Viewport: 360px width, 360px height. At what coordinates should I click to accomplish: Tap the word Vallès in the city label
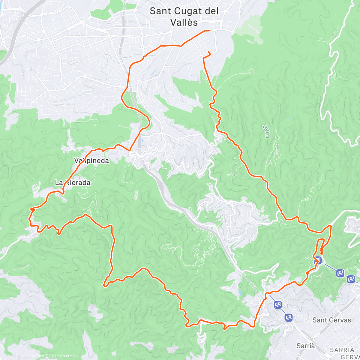coord(184,22)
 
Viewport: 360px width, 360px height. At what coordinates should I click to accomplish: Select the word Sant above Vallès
coord(161,11)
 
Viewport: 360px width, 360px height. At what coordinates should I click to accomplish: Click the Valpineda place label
coord(91,160)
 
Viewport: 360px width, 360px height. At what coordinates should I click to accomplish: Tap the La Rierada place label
coord(73,182)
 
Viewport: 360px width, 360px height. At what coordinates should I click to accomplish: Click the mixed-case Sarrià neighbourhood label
coord(306,346)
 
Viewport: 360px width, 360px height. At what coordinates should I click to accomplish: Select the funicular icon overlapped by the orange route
coord(318,260)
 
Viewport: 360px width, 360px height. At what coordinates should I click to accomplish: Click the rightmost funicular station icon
coord(351,279)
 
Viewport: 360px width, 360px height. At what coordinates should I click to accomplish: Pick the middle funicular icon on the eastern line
coord(340,273)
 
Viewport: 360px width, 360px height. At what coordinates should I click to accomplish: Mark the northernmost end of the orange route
coord(209,30)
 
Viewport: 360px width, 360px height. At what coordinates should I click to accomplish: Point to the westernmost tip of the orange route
coord(29,219)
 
